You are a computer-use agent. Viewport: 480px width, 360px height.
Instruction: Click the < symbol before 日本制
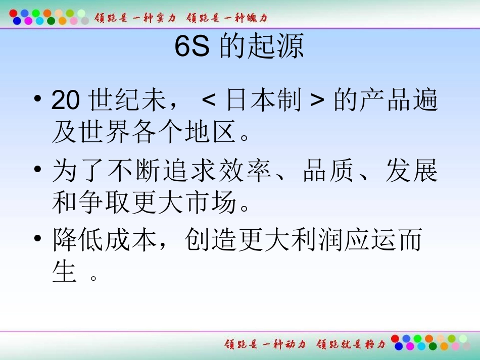208,102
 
